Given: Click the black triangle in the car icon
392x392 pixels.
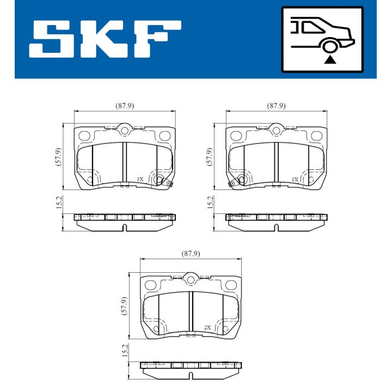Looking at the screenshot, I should pos(328,59).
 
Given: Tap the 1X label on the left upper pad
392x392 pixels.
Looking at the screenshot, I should pos(140,179).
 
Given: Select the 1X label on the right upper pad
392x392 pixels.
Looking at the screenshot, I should pos(295,179).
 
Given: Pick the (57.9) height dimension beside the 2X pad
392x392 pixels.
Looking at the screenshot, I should pos(125,305).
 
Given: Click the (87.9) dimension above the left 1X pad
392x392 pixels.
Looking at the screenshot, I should pos(125,106).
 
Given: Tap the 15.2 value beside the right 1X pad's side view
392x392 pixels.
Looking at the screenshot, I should pos(210,203).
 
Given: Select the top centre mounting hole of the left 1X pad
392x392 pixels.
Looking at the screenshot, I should pos(125,131).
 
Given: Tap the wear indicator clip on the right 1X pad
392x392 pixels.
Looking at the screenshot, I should pos(232,183).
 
